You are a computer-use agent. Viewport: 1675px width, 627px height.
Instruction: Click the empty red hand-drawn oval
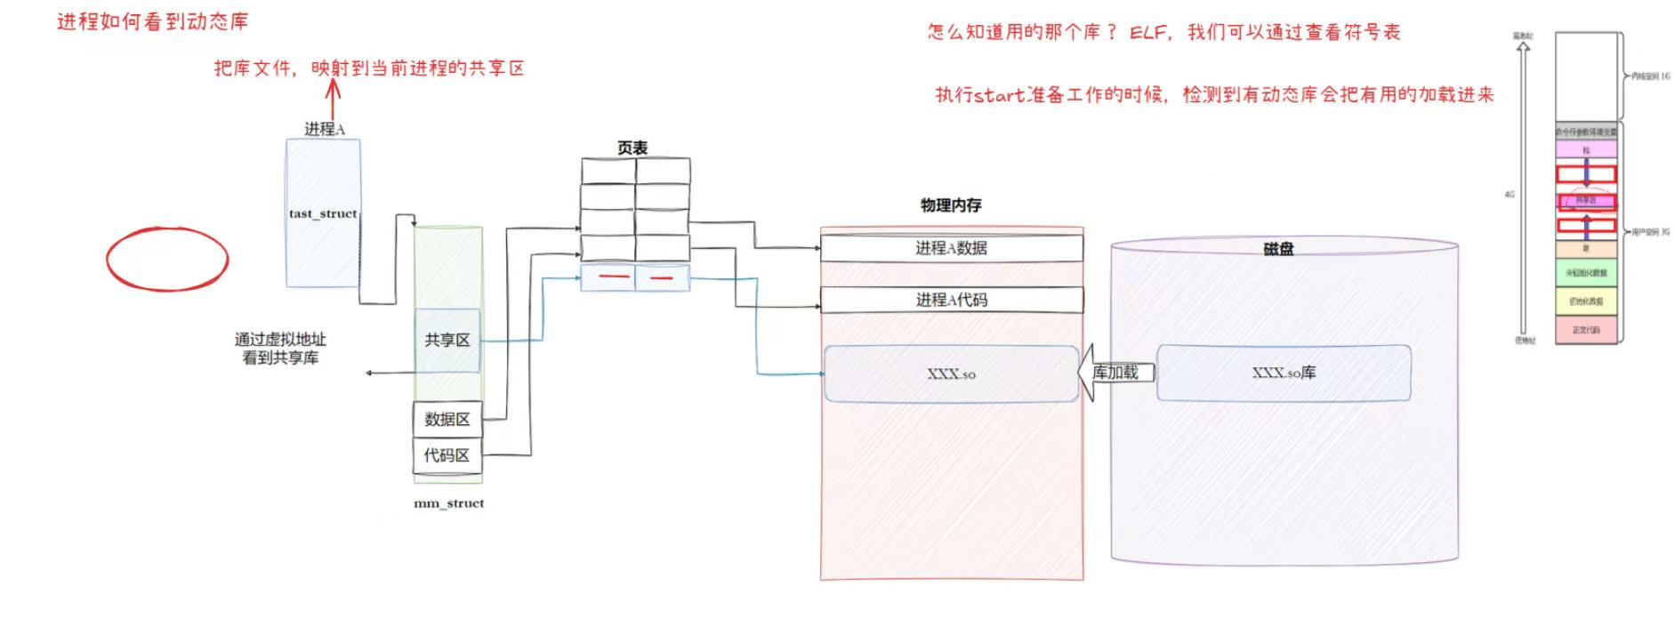(167, 260)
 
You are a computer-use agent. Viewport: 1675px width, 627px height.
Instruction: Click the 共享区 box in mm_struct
(447, 340)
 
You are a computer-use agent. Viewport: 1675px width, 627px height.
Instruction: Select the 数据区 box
(447, 419)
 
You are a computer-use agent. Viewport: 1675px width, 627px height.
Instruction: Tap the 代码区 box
(447, 455)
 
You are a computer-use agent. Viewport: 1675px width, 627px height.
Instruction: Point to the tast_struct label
(322, 213)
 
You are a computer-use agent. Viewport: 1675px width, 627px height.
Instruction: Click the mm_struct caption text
(448, 503)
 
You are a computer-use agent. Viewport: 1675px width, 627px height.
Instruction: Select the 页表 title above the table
(632, 148)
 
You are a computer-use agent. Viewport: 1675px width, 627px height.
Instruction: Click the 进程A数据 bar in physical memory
(951, 248)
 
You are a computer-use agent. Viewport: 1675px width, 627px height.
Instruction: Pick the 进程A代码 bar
(951, 300)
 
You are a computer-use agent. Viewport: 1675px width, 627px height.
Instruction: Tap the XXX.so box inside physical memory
(951, 374)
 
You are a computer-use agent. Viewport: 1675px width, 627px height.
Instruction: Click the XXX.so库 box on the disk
(1283, 374)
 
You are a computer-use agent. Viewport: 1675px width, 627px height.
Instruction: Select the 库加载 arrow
(1115, 373)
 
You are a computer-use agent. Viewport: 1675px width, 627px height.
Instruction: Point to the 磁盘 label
(1277, 249)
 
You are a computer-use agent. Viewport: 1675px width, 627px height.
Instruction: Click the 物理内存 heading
(950, 205)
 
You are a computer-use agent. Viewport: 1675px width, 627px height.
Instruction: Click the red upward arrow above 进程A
(334, 98)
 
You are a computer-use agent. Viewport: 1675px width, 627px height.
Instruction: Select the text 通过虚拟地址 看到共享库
(280, 349)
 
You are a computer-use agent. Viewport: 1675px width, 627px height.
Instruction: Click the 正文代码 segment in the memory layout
(1585, 330)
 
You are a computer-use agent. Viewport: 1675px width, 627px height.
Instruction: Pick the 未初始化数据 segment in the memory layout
(1585, 273)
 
